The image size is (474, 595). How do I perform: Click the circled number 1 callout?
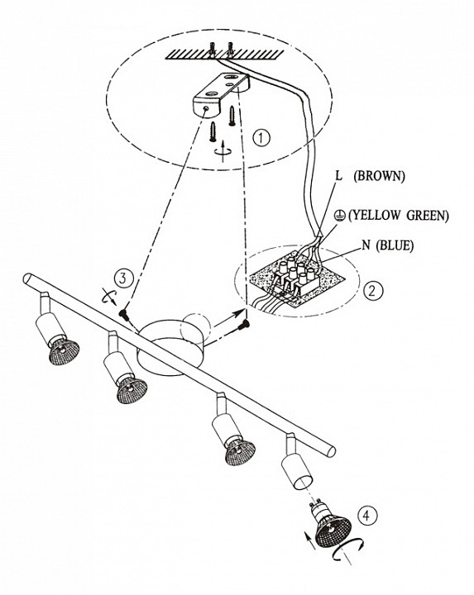click(261, 138)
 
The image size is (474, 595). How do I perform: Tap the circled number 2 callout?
click(372, 291)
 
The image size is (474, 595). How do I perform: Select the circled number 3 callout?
click(122, 278)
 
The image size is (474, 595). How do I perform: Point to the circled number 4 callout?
click(366, 516)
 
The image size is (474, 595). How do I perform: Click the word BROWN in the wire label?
click(379, 176)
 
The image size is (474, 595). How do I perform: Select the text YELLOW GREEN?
click(399, 215)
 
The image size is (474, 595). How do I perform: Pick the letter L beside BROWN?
click(338, 176)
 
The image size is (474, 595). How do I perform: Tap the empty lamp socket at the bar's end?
click(296, 466)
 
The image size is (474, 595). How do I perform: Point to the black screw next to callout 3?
click(122, 314)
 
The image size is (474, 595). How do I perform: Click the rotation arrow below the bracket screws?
click(223, 150)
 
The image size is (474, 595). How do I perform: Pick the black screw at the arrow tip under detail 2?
click(244, 324)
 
